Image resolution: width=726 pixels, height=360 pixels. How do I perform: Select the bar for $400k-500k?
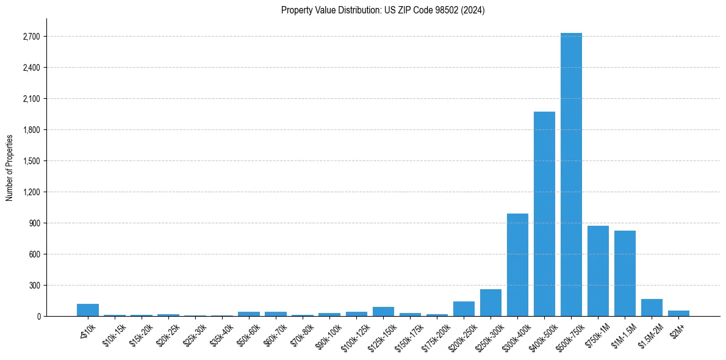[x=544, y=214]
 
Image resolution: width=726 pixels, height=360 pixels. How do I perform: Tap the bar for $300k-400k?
[x=517, y=265]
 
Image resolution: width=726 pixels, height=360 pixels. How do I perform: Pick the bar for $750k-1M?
[x=598, y=271]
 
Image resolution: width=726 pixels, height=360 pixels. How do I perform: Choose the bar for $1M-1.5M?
[x=625, y=273]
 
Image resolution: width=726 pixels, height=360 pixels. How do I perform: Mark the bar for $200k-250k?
[x=464, y=309]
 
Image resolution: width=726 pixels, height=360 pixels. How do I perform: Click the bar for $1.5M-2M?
[x=652, y=308]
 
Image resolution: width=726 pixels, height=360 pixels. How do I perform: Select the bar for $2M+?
[x=678, y=313]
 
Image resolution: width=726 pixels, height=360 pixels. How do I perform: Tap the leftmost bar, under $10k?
[x=88, y=310]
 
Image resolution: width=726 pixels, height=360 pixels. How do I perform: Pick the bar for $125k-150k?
[x=383, y=311]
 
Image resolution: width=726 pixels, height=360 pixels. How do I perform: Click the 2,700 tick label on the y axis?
[x=31, y=37]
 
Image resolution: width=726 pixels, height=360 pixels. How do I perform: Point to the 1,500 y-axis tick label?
[x=31, y=161]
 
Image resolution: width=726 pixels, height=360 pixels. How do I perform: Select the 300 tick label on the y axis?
[x=34, y=286]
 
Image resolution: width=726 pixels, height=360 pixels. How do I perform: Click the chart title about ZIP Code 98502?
[x=383, y=10]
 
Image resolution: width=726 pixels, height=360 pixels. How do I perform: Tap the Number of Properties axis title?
[x=10, y=167]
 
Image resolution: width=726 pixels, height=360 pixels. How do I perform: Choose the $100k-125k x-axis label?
[x=356, y=335]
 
